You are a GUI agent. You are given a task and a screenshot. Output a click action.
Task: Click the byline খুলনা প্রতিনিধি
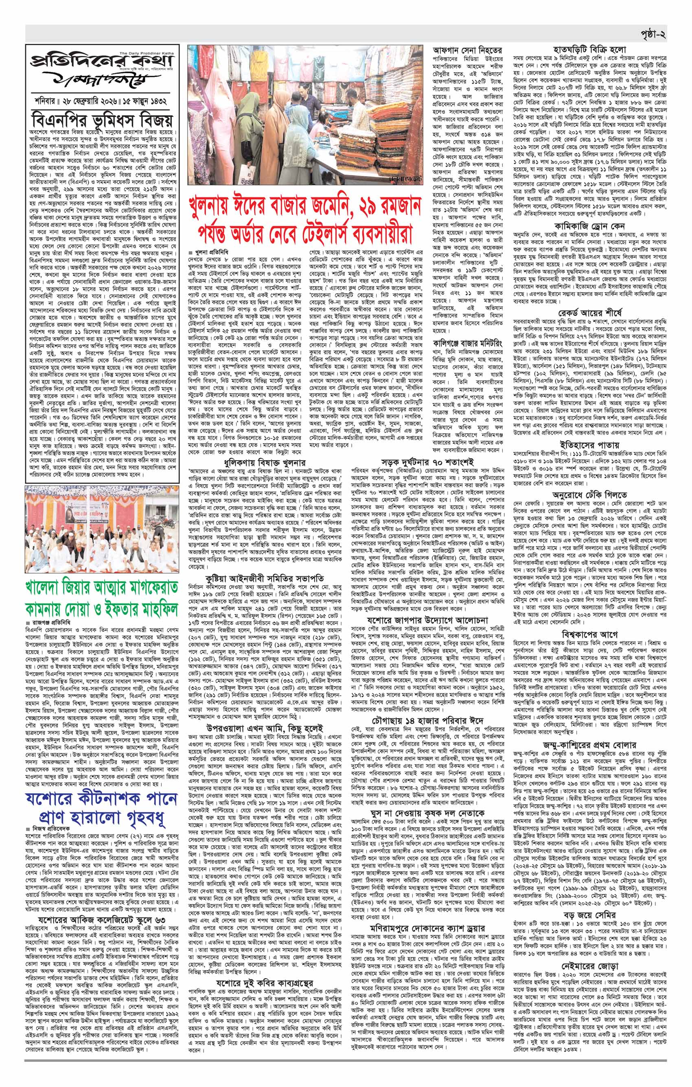tap(212, 251)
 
